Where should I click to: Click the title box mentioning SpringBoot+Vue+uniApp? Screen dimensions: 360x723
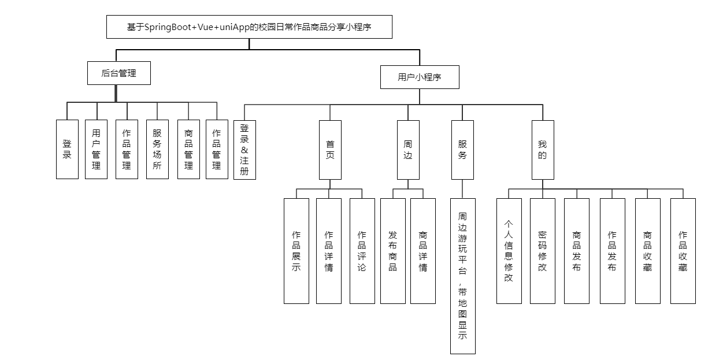pos(249,27)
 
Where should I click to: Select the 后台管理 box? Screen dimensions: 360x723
pos(118,73)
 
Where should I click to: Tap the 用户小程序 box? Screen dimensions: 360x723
pos(420,77)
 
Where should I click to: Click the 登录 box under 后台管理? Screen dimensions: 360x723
pos(67,149)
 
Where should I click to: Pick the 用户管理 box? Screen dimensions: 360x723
pos(96,149)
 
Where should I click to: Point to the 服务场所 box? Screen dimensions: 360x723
pos(157,149)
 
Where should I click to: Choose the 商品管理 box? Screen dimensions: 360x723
pos(188,149)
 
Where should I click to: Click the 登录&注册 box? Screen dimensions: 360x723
pos(244,150)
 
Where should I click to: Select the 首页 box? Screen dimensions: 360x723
pos(330,150)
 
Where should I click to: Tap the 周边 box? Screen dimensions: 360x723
pos(408,150)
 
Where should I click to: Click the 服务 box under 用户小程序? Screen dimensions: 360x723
pos(462,150)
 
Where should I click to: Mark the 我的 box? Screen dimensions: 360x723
pos(542,150)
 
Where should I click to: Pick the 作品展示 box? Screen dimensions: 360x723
pos(296,251)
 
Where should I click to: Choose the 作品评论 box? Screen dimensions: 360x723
pos(362,251)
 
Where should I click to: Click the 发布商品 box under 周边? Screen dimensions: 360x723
pos(393,251)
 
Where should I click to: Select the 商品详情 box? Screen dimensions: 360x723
pos(423,251)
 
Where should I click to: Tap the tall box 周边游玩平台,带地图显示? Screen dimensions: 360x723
pos(462,276)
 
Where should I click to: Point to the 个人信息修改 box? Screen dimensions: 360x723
pos(509,251)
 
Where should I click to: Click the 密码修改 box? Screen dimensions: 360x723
pos(542,251)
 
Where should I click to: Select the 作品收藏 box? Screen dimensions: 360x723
pos(683,251)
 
